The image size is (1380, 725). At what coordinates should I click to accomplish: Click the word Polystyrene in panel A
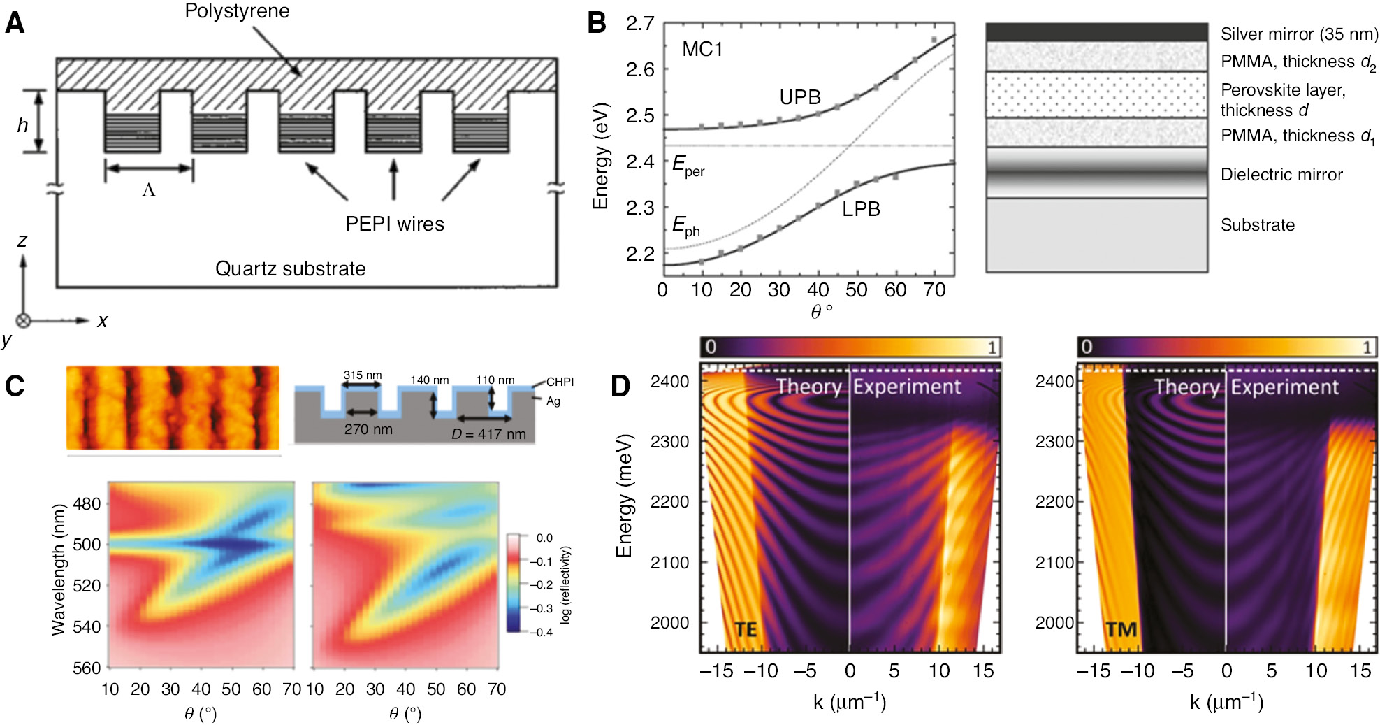tap(237, 11)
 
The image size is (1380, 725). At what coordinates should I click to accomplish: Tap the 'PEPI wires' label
tap(395, 224)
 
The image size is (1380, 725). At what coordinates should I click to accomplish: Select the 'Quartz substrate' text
tap(290, 268)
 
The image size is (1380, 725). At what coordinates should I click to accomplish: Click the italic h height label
tap(22, 125)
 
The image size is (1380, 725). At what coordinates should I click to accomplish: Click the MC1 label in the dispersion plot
tap(702, 50)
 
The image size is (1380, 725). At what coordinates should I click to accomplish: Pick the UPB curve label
tap(800, 97)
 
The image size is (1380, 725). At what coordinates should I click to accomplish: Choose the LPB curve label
tap(861, 209)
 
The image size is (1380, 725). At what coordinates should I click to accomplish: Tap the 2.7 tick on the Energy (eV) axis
tap(640, 24)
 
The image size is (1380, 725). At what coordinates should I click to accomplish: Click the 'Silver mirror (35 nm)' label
tap(1299, 34)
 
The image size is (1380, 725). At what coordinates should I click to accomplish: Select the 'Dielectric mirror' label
tap(1281, 175)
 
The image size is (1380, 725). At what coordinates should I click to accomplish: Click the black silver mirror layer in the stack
tap(1096, 32)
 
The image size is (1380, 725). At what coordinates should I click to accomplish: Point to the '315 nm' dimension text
tap(363, 375)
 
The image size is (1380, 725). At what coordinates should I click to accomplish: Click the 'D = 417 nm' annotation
tap(488, 434)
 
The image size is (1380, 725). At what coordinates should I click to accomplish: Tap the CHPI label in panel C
tap(560, 382)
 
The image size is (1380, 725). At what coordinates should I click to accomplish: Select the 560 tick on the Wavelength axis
tap(87, 668)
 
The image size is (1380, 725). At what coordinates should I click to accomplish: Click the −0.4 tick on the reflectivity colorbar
tap(541, 632)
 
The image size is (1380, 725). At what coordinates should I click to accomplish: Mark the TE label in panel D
tap(746, 630)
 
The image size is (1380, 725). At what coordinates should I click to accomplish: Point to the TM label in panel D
tap(1121, 630)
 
